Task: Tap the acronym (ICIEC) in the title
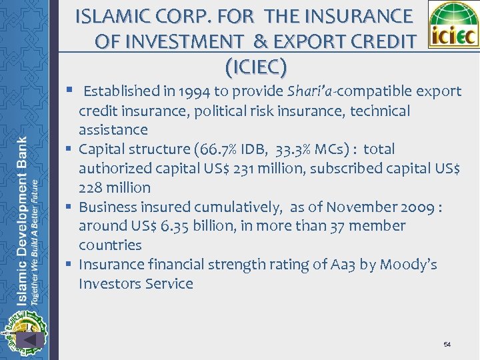coord(256,67)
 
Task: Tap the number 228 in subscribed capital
coord(91,188)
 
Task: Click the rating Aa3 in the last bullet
coord(340,265)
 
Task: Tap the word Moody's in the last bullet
coord(407,265)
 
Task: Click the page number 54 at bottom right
coord(447,344)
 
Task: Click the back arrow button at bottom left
coord(30,339)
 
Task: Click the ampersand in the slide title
coord(260,41)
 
